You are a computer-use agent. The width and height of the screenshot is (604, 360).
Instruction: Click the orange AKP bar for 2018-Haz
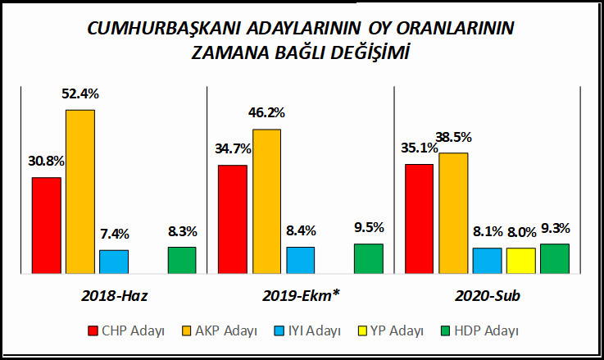tap(80, 191)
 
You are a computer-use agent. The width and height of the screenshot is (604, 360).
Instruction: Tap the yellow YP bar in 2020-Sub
tap(520, 260)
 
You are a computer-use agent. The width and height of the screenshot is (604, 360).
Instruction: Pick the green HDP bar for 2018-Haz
tap(182, 259)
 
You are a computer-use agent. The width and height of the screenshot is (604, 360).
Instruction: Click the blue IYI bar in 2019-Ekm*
tap(300, 259)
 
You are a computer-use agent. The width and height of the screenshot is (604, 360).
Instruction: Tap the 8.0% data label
tap(520, 232)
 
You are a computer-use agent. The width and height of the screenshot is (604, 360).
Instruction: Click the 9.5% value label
tap(369, 228)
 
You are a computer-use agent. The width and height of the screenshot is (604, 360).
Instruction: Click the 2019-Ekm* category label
tap(301, 294)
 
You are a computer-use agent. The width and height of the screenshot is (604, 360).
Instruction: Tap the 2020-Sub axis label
tap(488, 294)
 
